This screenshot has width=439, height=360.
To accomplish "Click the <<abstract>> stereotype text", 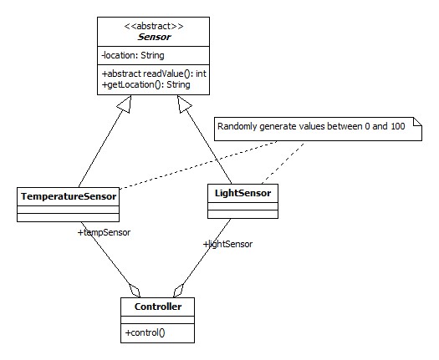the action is click(x=154, y=26).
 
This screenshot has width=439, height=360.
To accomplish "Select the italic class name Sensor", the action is click(x=154, y=37).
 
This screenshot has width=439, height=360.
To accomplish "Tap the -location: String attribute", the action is click(x=133, y=55).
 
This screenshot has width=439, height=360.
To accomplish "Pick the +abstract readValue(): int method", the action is click(x=154, y=74).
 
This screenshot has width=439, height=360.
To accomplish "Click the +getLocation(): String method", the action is click(x=145, y=84).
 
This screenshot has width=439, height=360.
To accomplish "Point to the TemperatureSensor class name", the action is click(x=69, y=196).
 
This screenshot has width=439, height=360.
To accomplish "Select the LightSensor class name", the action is click(x=242, y=193).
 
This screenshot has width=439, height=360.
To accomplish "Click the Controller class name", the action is click(x=158, y=307).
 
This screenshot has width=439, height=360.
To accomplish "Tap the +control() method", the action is click(x=145, y=332).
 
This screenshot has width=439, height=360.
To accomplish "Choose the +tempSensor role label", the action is click(x=104, y=232).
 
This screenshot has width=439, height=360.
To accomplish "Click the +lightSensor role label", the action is click(x=227, y=244).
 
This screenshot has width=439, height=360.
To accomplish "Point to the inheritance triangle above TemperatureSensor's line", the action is click(x=125, y=104).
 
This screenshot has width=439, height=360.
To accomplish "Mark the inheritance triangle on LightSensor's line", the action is click(x=184, y=104).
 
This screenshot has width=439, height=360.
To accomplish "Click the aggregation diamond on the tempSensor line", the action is click(x=135, y=291).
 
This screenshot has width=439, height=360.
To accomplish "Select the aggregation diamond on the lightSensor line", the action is click(x=178, y=291).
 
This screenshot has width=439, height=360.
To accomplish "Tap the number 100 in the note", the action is click(x=398, y=126).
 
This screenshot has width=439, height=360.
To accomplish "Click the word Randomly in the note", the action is click(x=237, y=127).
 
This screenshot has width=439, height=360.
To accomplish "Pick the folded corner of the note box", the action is click(x=418, y=122).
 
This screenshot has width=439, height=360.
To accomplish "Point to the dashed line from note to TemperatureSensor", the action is click(x=197, y=165).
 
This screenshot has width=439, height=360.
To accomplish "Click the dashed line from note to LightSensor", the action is click(x=283, y=164).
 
